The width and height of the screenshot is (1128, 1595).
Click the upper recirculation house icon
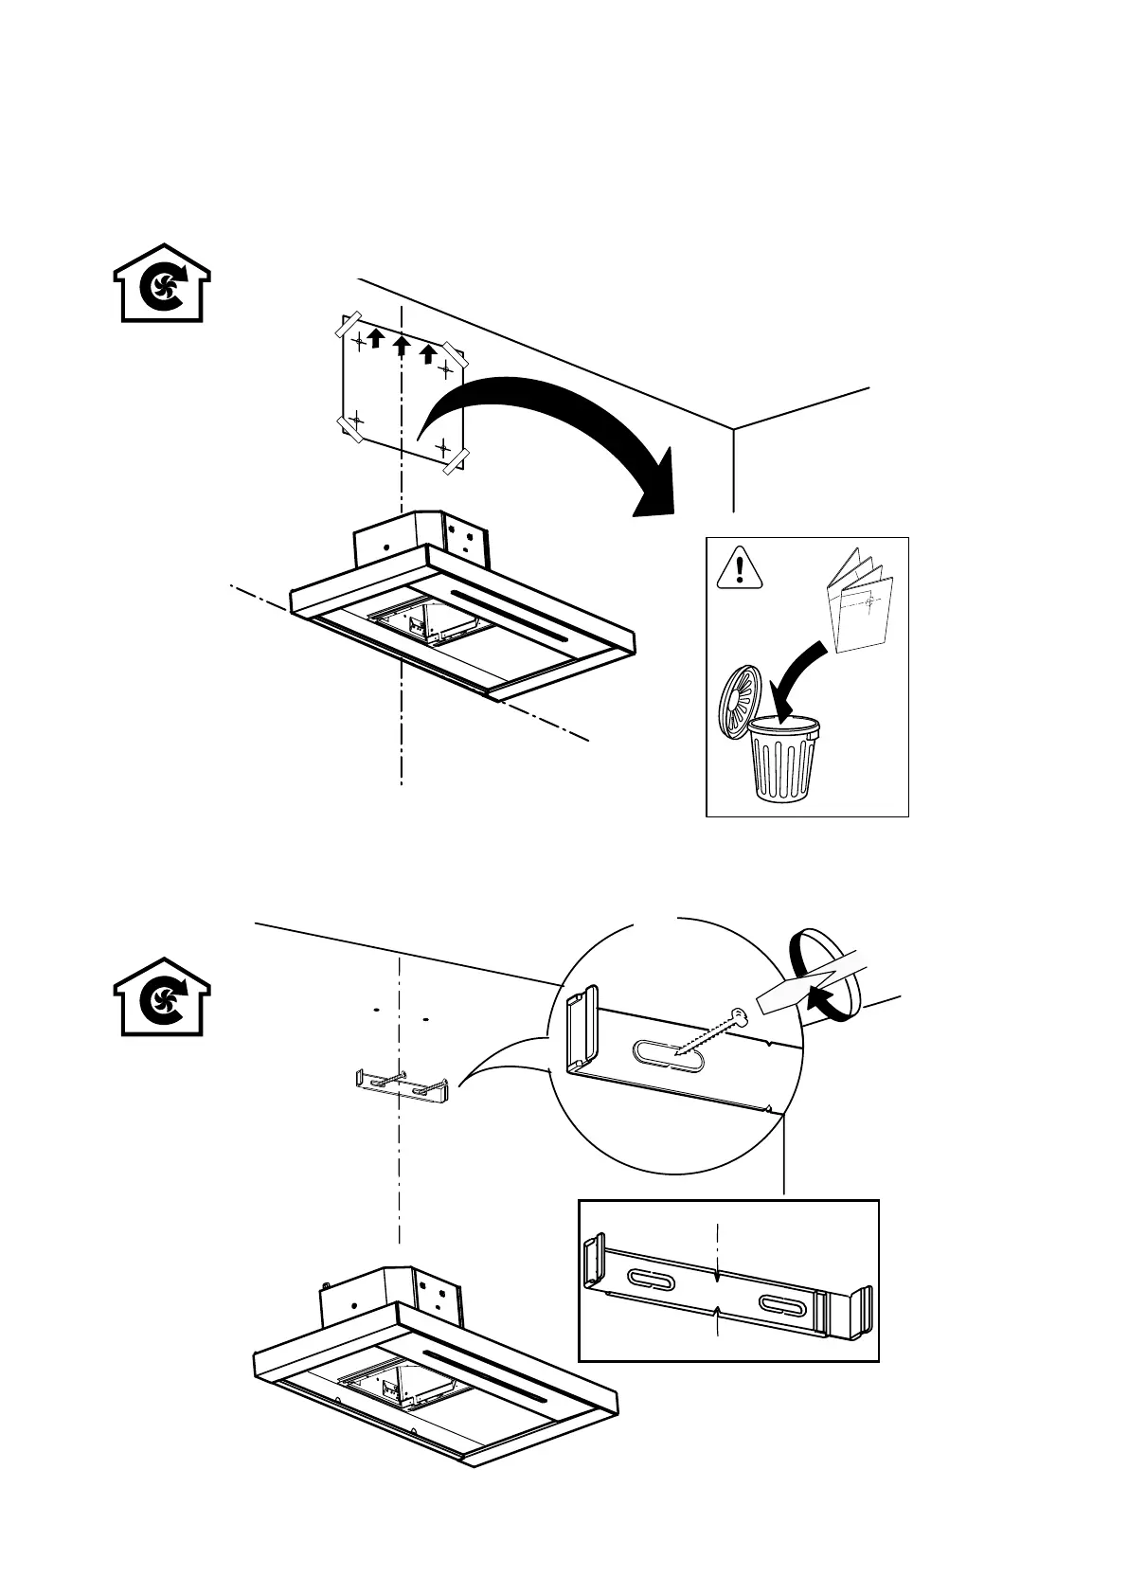pyautogui.click(x=162, y=285)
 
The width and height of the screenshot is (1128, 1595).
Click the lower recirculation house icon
pyautogui.click(x=162, y=998)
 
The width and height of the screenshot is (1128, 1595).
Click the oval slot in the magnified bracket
pyautogui.click(x=668, y=1056)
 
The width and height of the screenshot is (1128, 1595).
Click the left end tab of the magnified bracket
pyautogui.click(x=580, y=1030)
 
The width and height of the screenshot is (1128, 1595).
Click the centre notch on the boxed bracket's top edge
pyautogui.click(x=721, y=1275)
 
